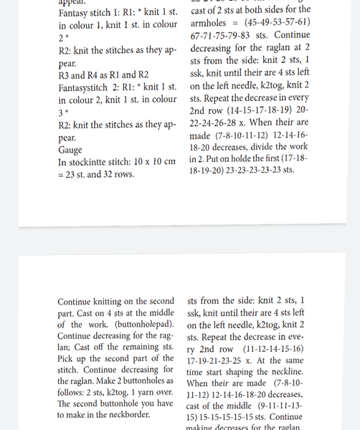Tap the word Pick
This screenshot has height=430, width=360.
pos(66,359)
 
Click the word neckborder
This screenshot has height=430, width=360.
pos(125,415)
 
